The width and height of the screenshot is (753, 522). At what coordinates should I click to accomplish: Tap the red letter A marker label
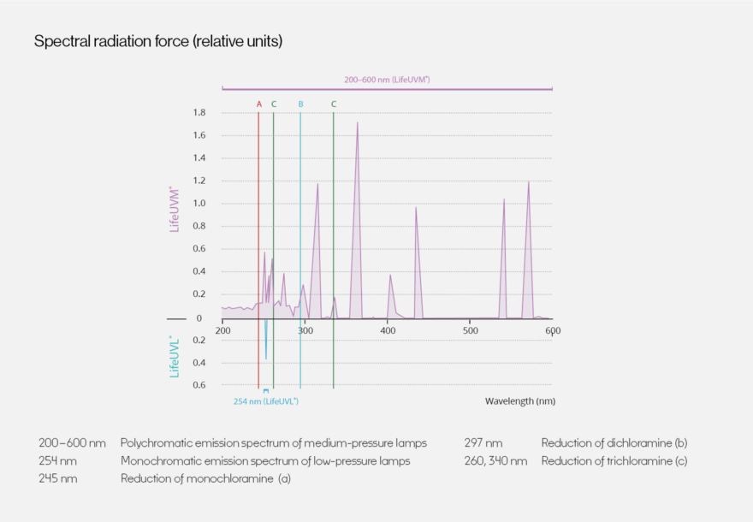pyautogui.click(x=259, y=104)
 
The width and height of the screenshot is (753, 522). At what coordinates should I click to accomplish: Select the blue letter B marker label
pyautogui.click(x=300, y=104)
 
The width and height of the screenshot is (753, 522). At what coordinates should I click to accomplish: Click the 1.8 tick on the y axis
pyautogui.click(x=199, y=113)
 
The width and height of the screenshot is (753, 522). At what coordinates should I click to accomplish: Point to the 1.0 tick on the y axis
pyautogui.click(x=199, y=204)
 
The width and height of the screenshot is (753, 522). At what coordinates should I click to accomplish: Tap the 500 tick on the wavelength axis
pyautogui.click(x=470, y=330)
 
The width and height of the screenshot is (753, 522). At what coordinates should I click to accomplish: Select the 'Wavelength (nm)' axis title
pyautogui.click(x=519, y=400)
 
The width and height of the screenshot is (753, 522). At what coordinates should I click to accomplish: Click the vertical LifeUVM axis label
pyautogui.click(x=175, y=209)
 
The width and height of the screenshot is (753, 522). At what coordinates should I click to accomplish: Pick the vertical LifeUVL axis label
pyautogui.click(x=175, y=356)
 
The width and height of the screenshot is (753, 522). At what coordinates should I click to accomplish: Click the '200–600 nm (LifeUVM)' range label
pyautogui.click(x=387, y=80)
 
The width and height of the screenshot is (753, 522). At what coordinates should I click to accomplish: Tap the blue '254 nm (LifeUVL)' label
pyautogui.click(x=266, y=400)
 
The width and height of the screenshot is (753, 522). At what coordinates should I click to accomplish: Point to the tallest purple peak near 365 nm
pyautogui.click(x=357, y=123)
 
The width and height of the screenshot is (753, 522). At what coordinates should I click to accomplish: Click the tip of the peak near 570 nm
pyautogui.click(x=528, y=182)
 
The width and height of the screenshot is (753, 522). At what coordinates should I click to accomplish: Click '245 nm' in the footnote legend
pyautogui.click(x=58, y=478)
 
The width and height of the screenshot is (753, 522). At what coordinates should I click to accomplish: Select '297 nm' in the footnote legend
pyautogui.click(x=483, y=443)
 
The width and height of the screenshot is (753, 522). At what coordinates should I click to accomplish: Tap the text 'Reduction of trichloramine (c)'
pyautogui.click(x=614, y=461)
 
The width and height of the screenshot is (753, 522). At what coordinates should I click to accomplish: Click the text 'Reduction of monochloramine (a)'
pyautogui.click(x=205, y=478)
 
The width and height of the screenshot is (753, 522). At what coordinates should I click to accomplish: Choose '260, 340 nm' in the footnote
pyautogui.click(x=495, y=461)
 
